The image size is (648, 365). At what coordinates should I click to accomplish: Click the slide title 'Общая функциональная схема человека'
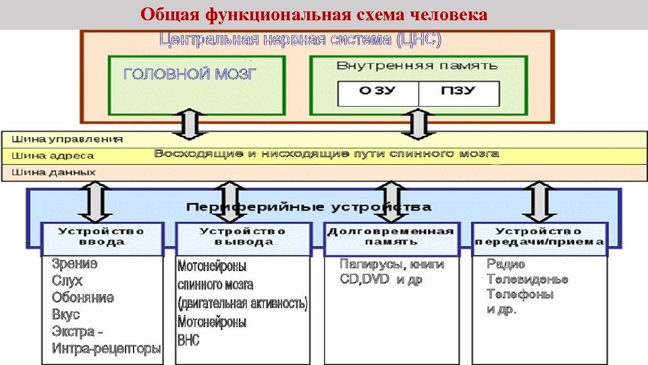tap(314, 14)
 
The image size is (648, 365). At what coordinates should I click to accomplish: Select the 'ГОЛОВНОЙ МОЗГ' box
tap(196, 84)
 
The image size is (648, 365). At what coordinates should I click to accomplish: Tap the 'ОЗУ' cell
tap(377, 92)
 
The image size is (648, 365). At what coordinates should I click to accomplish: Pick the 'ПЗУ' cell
tap(458, 92)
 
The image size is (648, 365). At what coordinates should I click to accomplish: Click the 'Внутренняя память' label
tap(416, 66)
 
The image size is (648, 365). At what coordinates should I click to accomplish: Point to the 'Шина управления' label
tap(67, 139)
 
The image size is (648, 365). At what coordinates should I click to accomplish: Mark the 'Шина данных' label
tap(55, 172)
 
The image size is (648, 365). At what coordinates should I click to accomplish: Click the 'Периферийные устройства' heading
tap(308, 206)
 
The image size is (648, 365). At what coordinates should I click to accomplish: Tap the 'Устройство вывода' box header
tap(242, 237)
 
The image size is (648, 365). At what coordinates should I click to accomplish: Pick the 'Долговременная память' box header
tap(391, 237)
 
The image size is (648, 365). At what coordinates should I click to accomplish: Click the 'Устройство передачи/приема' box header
tap(539, 237)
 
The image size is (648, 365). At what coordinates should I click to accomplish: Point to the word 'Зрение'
tap(75, 264)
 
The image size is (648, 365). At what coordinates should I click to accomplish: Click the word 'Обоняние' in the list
tap(83, 298)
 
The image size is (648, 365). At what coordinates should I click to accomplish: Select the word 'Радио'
tap(506, 264)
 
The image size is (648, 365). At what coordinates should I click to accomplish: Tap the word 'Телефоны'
tap(520, 295)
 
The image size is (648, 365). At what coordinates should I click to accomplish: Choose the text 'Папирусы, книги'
tap(391, 264)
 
